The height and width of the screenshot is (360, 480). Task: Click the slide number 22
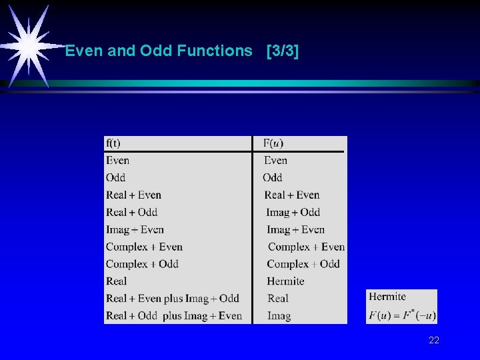[x=434, y=341]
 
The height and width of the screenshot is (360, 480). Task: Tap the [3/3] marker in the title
[x=282, y=51]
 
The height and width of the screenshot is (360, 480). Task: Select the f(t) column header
[x=113, y=143]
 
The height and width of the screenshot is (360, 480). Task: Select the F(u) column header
[x=273, y=143]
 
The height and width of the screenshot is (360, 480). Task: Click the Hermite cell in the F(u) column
[x=285, y=281]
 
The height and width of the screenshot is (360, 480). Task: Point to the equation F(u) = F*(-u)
[x=401, y=315]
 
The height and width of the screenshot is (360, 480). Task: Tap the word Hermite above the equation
[x=387, y=297]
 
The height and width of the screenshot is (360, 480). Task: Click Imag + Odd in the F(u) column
[x=293, y=212]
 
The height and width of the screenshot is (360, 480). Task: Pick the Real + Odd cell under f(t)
[x=131, y=212]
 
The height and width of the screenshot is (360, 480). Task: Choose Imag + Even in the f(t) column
[x=135, y=229]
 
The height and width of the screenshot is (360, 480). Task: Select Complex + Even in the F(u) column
[x=306, y=247]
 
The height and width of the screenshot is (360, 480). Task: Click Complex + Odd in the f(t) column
[x=142, y=264]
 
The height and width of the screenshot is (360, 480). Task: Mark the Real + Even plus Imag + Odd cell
[x=172, y=298]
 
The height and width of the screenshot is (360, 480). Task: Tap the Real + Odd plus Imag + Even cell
[x=173, y=315]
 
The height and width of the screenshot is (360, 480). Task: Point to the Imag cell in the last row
[x=279, y=315]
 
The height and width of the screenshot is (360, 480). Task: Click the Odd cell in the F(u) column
[x=273, y=177]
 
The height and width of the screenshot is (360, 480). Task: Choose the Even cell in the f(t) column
[x=117, y=160]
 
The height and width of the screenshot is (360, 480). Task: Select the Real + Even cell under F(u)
[x=292, y=195]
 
